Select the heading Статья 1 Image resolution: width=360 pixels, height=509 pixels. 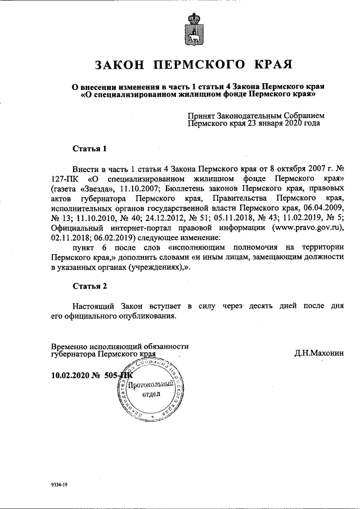pyautogui.click(x=89, y=149)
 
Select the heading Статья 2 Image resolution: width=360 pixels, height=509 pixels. pyautogui.click(x=89, y=286)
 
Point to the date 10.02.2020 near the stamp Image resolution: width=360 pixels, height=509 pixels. pyautogui.click(x=70, y=375)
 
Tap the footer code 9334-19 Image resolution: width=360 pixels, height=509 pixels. pyautogui.click(x=60, y=484)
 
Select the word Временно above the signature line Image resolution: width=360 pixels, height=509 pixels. pyautogui.click(x=70, y=346)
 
